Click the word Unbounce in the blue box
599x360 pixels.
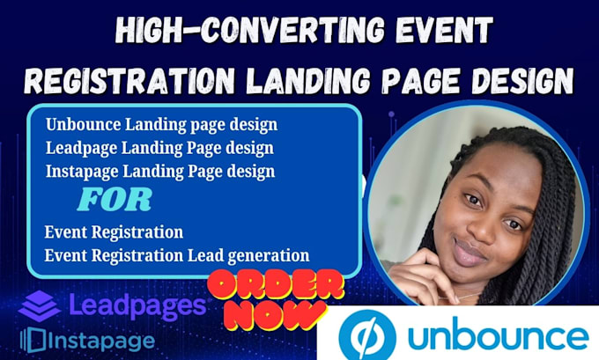(x=84, y=124)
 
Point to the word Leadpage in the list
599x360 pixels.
(x=81, y=149)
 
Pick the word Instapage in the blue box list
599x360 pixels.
(x=82, y=173)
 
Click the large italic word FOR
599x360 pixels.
(x=115, y=200)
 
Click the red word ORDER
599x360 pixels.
(x=276, y=285)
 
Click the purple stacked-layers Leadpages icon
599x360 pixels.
(x=40, y=306)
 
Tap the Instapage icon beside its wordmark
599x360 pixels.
(x=33, y=340)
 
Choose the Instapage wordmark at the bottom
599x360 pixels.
(x=102, y=341)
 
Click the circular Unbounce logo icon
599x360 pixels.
(x=367, y=335)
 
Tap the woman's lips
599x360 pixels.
(x=470, y=253)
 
